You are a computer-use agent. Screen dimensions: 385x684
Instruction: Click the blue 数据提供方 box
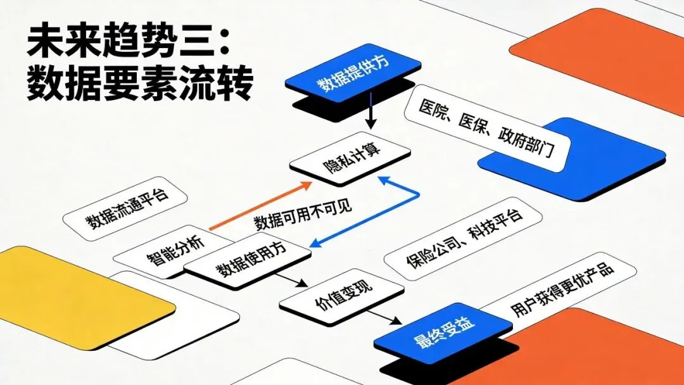pyautogui.click(x=353, y=74)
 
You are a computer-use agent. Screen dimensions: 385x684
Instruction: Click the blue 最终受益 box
pyautogui.click(x=442, y=337)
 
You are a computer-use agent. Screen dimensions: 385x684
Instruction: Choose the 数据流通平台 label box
pyautogui.click(x=125, y=209)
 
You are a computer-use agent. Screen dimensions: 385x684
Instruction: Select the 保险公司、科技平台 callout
pyautogui.click(x=464, y=240)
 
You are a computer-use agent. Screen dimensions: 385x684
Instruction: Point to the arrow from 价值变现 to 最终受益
pyautogui.click(x=383, y=317)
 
